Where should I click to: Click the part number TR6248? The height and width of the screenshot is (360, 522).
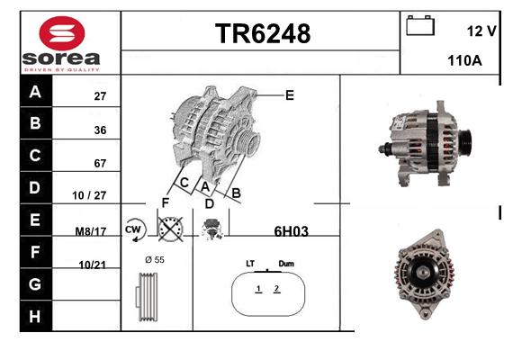(x=263, y=33)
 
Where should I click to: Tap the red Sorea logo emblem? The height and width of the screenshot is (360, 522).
(x=62, y=33)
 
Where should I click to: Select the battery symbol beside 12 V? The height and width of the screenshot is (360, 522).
(x=420, y=25)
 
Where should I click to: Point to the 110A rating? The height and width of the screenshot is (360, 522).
(x=464, y=60)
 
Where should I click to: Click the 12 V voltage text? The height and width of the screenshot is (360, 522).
(x=481, y=31)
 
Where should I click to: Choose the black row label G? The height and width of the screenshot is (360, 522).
(x=36, y=284)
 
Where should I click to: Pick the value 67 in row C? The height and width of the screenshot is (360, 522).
(x=100, y=163)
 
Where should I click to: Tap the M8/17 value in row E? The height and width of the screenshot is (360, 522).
(x=91, y=231)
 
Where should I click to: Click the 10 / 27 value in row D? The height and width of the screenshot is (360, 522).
(x=89, y=195)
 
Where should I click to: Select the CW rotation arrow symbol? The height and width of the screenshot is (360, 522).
(x=134, y=229)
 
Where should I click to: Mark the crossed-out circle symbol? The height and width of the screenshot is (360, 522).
(x=170, y=229)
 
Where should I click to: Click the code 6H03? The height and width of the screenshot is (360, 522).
(x=292, y=231)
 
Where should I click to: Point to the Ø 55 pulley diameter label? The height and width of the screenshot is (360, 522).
(x=155, y=260)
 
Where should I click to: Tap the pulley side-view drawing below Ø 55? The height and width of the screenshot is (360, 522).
(x=147, y=297)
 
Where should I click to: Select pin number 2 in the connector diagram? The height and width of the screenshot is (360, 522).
(x=277, y=289)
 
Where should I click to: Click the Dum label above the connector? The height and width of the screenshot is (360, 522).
(x=286, y=264)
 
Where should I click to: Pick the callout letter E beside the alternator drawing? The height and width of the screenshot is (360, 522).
(x=290, y=95)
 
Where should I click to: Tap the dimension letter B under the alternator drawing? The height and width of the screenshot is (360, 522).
(x=236, y=193)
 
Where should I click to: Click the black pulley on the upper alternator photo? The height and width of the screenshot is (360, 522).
(x=465, y=141)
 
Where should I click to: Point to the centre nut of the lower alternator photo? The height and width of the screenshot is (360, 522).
(x=423, y=273)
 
